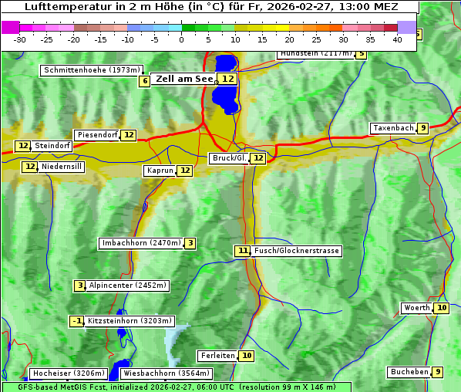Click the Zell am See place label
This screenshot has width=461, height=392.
click(x=184, y=79)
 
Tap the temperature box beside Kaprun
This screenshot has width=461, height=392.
click(x=184, y=171)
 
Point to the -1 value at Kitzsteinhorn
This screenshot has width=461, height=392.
click(x=77, y=321)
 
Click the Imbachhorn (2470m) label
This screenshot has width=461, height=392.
click(x=141, y=244)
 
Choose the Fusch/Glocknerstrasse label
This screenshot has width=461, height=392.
click(x=297, y=251)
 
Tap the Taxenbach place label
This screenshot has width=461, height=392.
click(x=393, y=128)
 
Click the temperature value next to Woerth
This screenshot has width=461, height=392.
click(x=441, y=308)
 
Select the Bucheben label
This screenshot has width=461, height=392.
click(x=409, y=372)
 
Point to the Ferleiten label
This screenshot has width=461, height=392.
click(x=217, y=356)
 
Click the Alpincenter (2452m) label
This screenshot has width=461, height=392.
click(x=128, y=286)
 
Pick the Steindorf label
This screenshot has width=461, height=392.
click(x=53, y=146)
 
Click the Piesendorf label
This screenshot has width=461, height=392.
click(x=97, y=135)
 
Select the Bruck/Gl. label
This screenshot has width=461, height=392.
click(x=229, y=158)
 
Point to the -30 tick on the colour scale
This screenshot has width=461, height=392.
click(x=20, y=39)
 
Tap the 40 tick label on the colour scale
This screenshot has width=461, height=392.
click(x=397, y=39)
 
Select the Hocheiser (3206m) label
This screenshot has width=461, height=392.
click(x=63, y=373)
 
